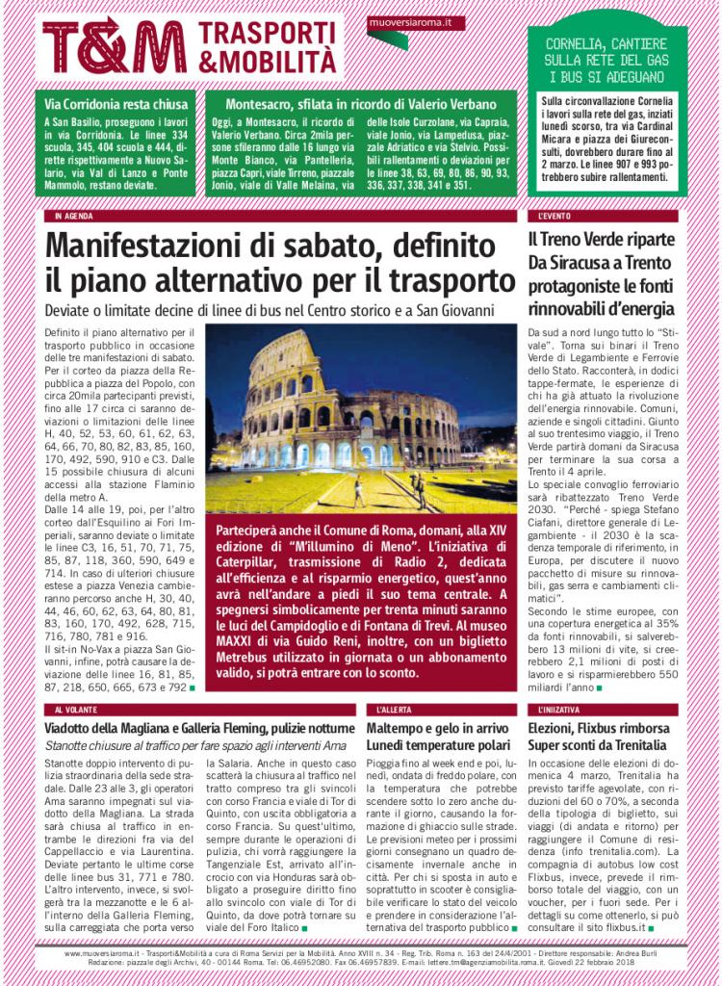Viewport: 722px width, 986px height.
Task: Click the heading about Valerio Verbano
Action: [360, 104]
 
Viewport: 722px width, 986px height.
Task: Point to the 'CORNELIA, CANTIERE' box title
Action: [606, 44]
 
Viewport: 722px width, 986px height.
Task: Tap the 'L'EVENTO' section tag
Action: [556, 216]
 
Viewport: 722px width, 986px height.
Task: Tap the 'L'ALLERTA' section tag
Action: [395, 710]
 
